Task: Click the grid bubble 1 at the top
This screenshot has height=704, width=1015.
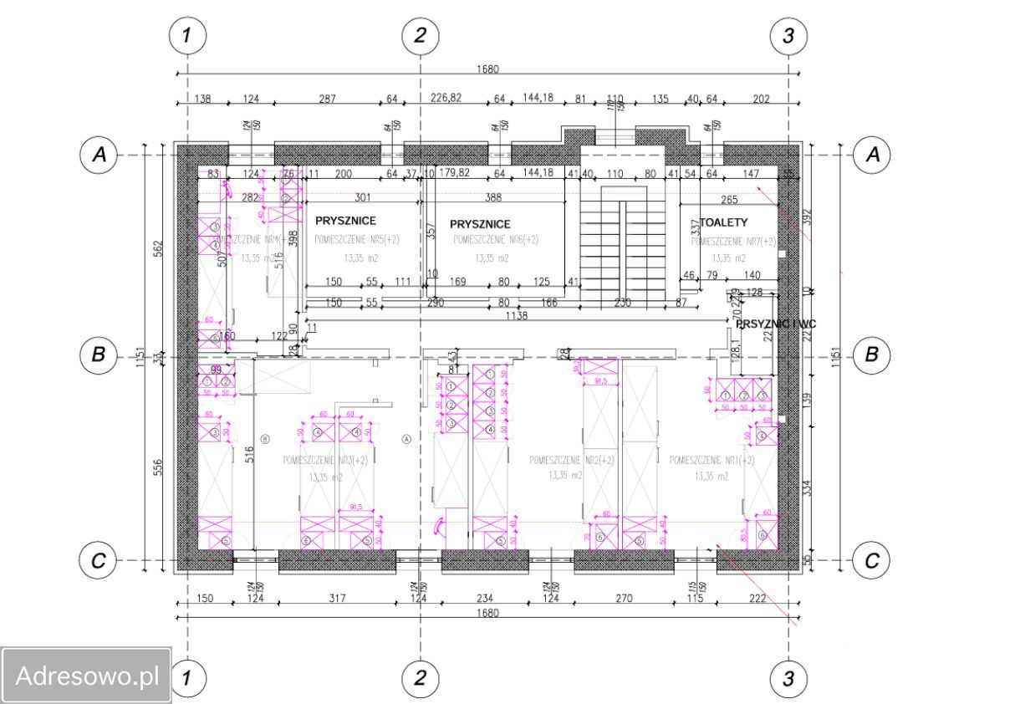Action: [187, 35]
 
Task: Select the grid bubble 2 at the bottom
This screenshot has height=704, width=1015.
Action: [420, 678]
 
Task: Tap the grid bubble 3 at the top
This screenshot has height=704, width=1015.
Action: [788, 35]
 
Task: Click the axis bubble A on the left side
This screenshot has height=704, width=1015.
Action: [99, 156]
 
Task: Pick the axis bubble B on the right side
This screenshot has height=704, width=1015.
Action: [871, 355]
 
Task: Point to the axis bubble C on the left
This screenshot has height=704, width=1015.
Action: [99, 561]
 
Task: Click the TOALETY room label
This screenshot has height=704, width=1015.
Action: [723, 222]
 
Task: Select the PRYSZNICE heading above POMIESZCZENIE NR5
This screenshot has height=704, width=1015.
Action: [345, 222]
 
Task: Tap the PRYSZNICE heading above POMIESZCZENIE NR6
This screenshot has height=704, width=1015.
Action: [480, 224]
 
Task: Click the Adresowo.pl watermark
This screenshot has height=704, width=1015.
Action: [86, 676]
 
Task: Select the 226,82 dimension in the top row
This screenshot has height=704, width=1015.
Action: [445, 99]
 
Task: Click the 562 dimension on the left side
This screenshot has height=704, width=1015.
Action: [159, 250]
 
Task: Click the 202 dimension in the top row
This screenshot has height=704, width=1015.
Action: [761, 99]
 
